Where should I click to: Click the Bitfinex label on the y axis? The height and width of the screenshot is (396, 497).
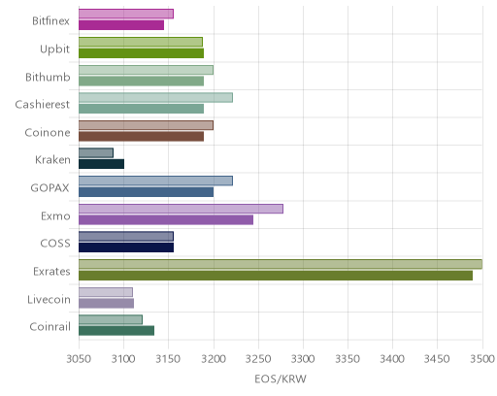pyautogui.click(x=50, y=21)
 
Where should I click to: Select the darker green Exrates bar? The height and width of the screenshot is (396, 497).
pyautogui.click(x=276, y=276)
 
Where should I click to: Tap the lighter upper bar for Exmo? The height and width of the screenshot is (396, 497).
pyautogui.click(x=181, y=209)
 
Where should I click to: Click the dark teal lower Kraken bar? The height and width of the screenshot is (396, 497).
pyautogui.click(x=101, y=164)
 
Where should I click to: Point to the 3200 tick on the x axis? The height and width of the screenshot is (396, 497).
pyautogui.click(x=214, y=359)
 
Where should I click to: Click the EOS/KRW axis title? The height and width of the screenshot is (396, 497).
pyautogui.click(x=281, y=379)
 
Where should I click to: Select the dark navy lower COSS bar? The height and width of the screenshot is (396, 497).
pyautogui.click(x=126, y=247)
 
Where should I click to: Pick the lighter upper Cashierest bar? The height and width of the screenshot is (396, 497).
pyautogui.click(x=155, y=97)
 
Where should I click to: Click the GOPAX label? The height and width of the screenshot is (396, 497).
pyautogui.click(x=50, y=188)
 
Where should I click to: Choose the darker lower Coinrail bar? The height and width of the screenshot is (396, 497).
pyautogui.click(x=116, y=331)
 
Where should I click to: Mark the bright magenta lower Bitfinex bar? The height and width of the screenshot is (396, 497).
pyautogui.click(x=121, y=25)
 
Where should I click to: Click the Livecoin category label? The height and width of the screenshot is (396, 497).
pyautogui.click(x=49, y=299)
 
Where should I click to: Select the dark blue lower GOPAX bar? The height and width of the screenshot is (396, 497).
pyautogui.click(x=147, y=192)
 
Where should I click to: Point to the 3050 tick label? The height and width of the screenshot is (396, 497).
pyautogui.click(x=79, y=359)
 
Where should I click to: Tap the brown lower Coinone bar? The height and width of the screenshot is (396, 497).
pyautogui.click(x=142, y=137)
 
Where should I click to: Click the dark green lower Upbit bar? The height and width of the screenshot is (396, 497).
pyautogui.click(x=142, y=53)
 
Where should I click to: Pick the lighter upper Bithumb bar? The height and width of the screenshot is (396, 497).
pyautogui.click(x=146, y=70)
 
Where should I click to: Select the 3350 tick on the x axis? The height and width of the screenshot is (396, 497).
pyautogui.click(x=348, y=359)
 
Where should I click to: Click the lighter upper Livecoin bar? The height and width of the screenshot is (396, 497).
pyautogui.click(x=106, y=292)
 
